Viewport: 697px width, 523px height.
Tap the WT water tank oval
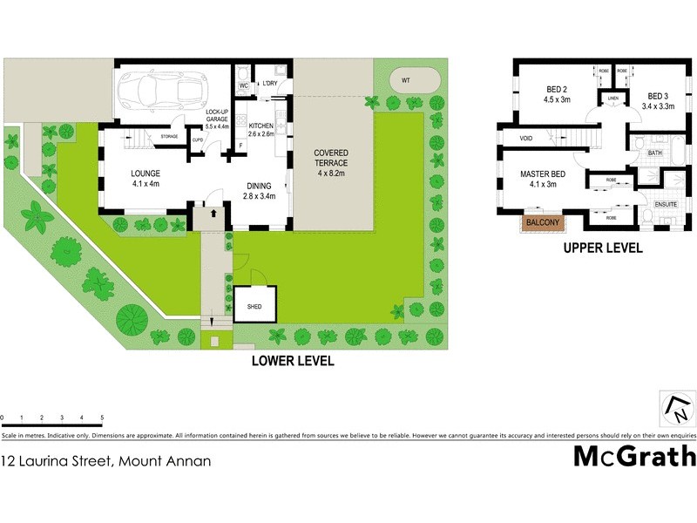pos(405,80)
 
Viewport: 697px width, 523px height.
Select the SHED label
pos(254,307)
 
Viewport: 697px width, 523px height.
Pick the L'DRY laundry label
pos(268,85)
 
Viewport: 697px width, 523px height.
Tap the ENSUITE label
pos(666,204)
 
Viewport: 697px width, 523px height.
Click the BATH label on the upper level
pos(655,153)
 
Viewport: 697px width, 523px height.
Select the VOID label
pos(525,139)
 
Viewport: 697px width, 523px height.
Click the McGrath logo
pos(634,456)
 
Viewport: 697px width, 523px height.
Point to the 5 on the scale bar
pos(103,418)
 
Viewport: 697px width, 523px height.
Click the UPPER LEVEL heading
pos(602,248)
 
